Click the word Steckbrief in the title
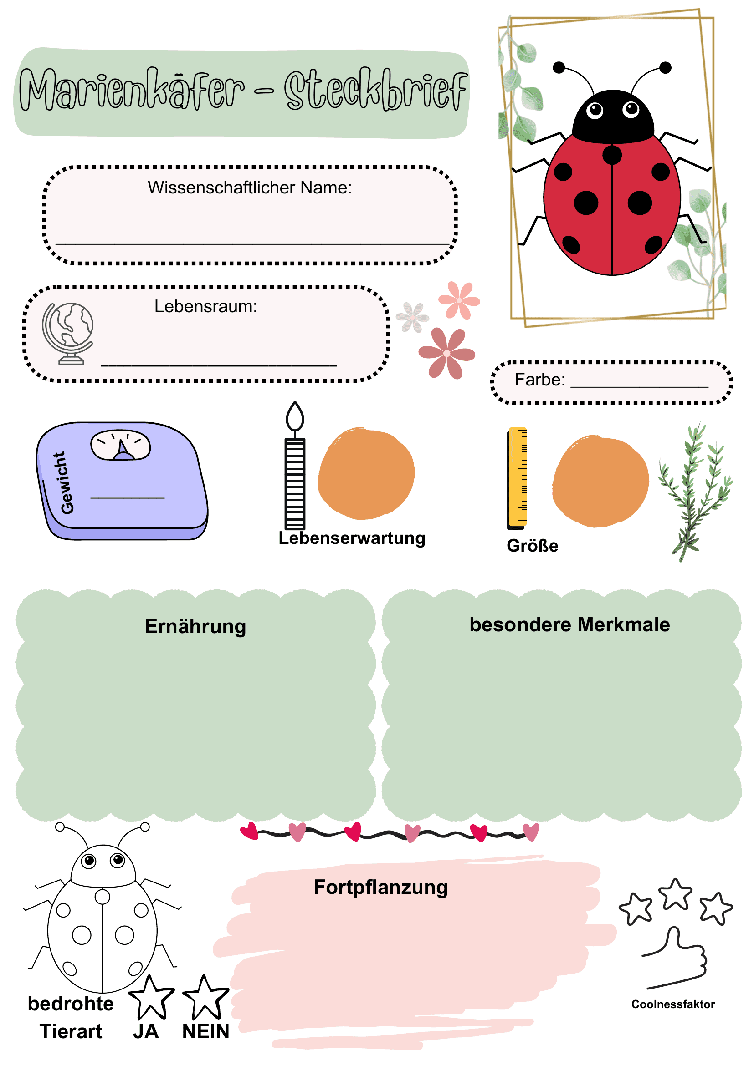pyautogui.click(x=375, y=89)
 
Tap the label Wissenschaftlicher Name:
pyautogui.click(x=250, y=188)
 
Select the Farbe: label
pyautogui.click(x=540, y=380)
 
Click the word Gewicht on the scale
pyautogui.click(x=67, y=483)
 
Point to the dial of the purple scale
pyautogui.click(x=121, y=445)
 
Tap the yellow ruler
pyautogui.click(x=517, y=478)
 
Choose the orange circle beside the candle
pyautogui.click(x=366, y=474)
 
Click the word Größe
pyautogui.click(x=533, y=546)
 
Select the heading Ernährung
pyautogui.click(x=195, y=626)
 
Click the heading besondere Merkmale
pyautogui.click(x=569, y=624)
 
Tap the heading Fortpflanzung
pyautogui.click(x=381, y=887)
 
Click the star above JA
pyautogui.click(x=151, y=997)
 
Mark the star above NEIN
pyautogui.click(x=205, y=997)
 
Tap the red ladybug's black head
pyautogui.click(x=613, y=117)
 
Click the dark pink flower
pyautogui.click(x=446, y=354)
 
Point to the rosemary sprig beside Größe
pyautogui.click(x=696, y=492)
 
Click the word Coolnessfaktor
pyautogui.click(x=673, y=1004)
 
